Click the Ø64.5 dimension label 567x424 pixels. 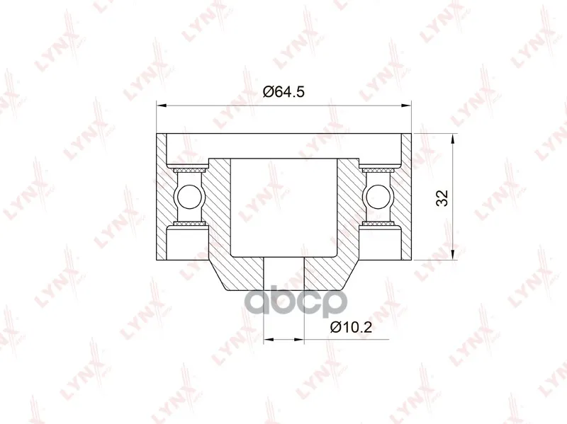tap(284, 92)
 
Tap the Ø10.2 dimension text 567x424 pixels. tap(351, 327)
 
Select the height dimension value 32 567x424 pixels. tap(442, 197)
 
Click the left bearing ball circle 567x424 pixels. tap(189, 197)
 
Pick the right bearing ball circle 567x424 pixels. tap(378, 197)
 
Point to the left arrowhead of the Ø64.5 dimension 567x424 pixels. tap(162, 105)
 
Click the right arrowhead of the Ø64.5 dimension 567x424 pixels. tap(406, 105)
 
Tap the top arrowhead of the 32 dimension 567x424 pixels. tap(452, 139)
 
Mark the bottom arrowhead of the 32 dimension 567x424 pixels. tap(452, 255)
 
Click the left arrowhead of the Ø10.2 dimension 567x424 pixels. tap(269, 339)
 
